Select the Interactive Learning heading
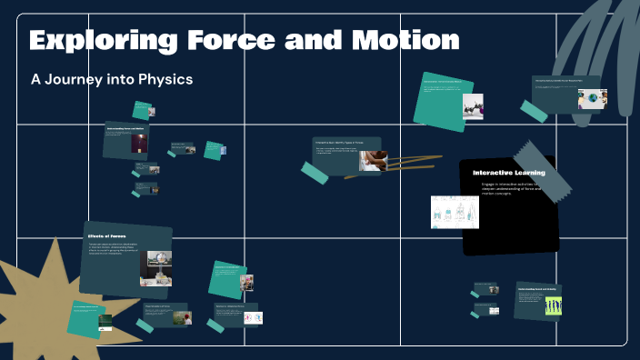pos(508,173)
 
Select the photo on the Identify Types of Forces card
pos(372,161)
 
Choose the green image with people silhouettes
pos(552,306)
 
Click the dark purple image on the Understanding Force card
pos(140,143)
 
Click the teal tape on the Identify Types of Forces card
pos(315,173)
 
